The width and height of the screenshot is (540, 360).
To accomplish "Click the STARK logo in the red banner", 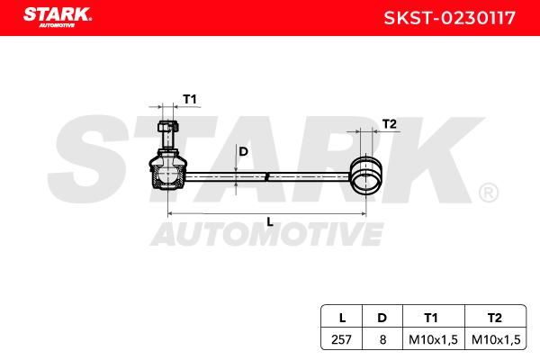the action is tap(58, 17).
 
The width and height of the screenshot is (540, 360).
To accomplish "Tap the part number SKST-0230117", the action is tap(449, 18).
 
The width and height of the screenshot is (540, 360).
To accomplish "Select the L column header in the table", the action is tap(342, 318).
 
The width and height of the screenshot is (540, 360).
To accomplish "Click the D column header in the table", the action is tap(382, 318).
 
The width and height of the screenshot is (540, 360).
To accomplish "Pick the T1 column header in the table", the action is tap(431, 318).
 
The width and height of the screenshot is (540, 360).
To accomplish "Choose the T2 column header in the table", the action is tap(494, 318).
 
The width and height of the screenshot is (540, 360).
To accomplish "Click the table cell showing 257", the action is tap(341, 339).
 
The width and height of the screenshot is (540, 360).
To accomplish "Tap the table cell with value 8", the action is tap(382, 339).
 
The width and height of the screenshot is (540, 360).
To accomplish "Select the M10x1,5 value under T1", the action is tap(433, 339).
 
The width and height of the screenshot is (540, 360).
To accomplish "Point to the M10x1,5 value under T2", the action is tap(496, 339).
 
